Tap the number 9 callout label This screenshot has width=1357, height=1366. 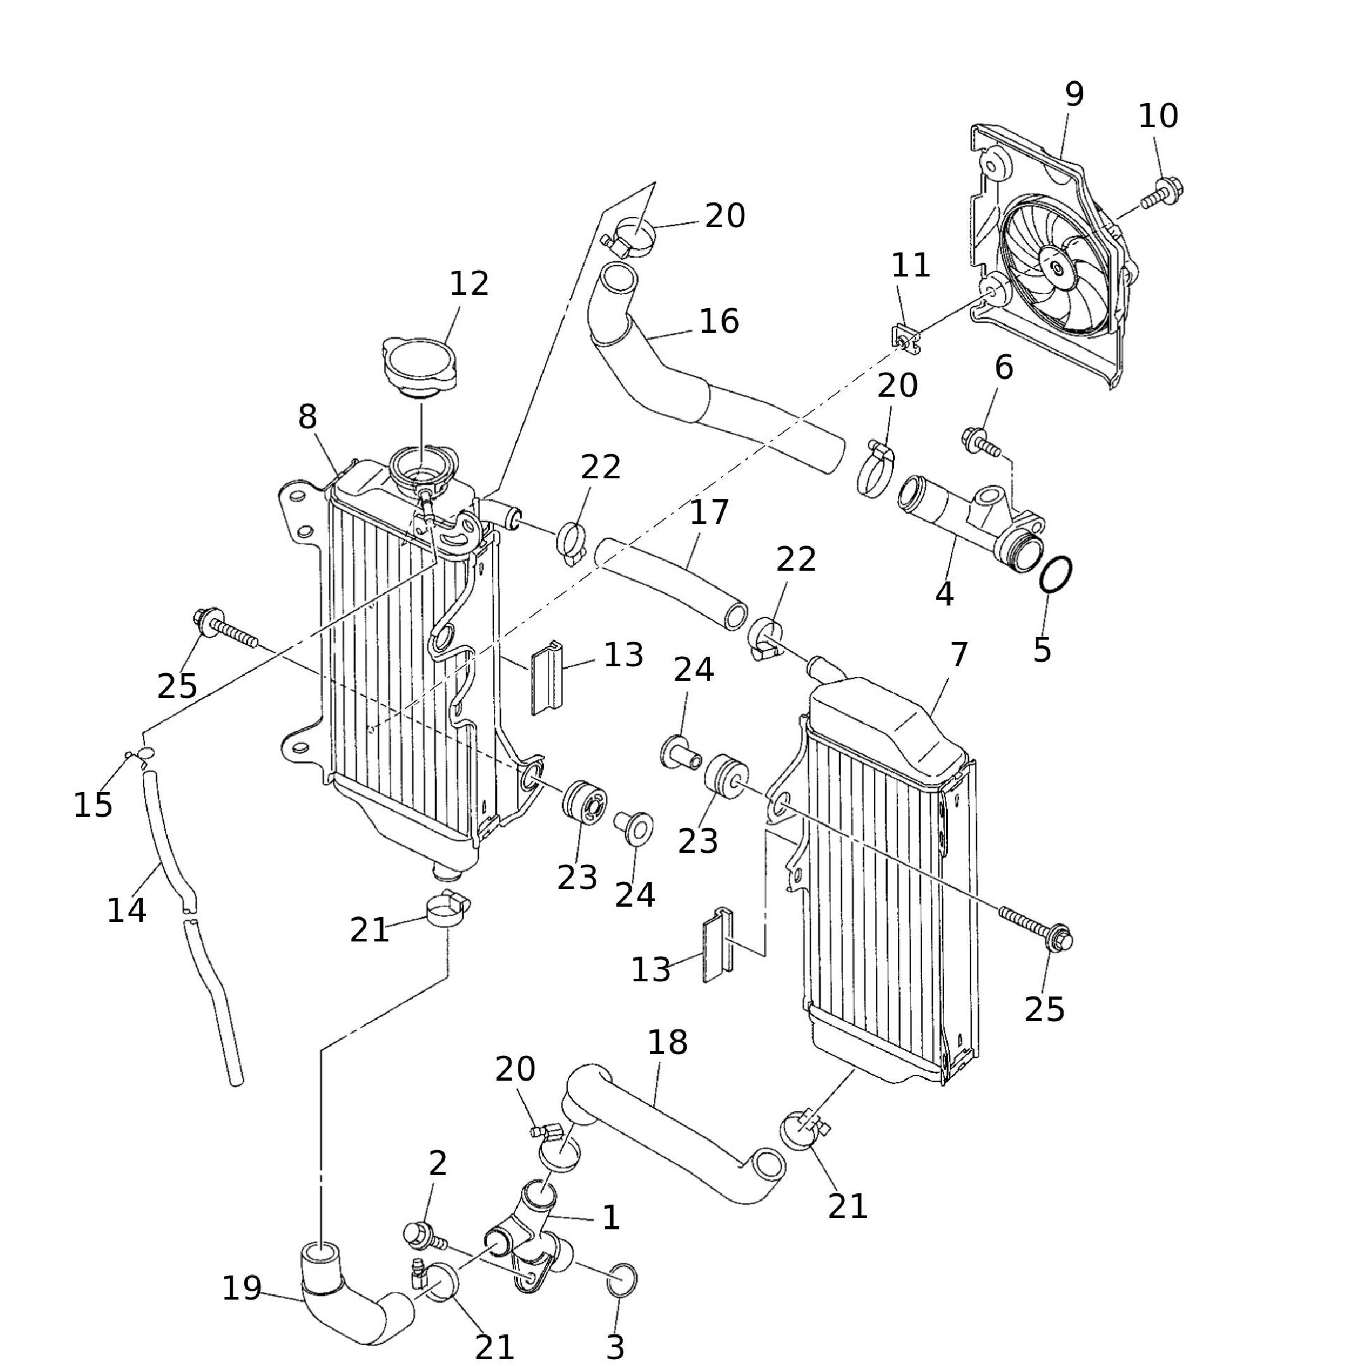coord(1074,94)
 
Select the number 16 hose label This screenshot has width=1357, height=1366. coord(719,321)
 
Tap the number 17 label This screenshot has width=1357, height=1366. coord(708,512)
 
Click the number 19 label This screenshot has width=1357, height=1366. coord(242,1288)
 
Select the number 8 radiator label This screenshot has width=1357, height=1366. coord(307,417)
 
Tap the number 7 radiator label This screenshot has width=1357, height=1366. coord(959,655)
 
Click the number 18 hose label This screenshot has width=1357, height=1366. coord(667,1042)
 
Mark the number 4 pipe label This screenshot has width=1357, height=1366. coord(944,594)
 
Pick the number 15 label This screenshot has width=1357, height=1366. coord(92,805)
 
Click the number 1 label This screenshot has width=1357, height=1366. coord(611,1217)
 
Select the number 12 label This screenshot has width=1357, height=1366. coord(469,284)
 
